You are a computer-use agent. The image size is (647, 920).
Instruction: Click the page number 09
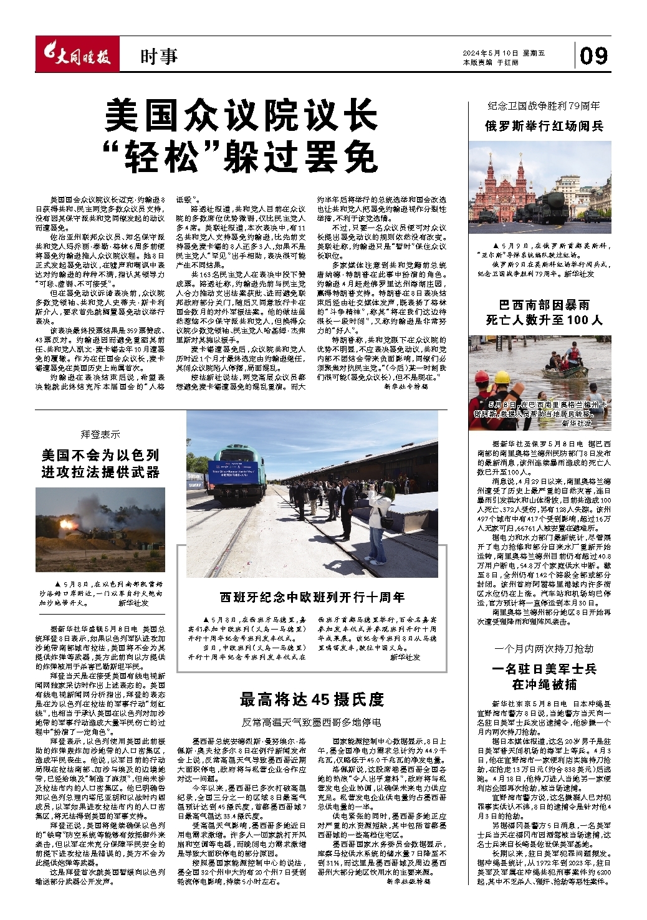coord(593,57)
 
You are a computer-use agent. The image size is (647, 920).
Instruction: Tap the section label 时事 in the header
coord(159,57)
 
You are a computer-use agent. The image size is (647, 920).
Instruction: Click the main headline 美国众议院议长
coord(241,115)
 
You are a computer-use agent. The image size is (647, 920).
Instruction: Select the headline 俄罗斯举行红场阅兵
coord(544,126)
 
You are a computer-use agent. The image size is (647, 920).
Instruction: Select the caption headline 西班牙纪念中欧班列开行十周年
coord(312,597)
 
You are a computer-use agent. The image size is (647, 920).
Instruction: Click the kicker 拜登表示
coord(100,434)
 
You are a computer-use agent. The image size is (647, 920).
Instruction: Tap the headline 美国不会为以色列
coord(100,454)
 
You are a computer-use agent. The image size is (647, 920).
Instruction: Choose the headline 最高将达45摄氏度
coord(312,699)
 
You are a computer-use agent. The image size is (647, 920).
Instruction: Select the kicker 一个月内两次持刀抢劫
coord(544,649)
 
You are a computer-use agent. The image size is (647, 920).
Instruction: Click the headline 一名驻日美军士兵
coord(544,669)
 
